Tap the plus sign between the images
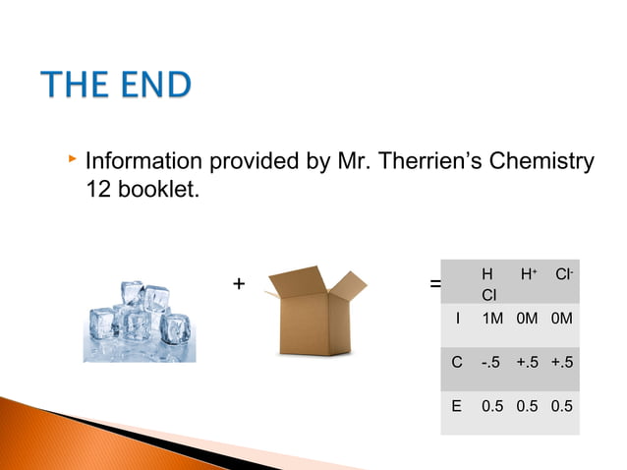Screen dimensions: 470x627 238,284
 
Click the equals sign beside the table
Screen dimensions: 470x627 435,285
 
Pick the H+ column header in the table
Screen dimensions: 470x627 529,275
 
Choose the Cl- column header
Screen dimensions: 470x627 563,275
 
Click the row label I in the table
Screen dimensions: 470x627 457,319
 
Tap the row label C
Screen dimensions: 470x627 457,362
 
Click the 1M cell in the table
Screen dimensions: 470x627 493,319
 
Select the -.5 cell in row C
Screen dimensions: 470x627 492,362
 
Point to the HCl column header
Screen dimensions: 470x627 488,284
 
